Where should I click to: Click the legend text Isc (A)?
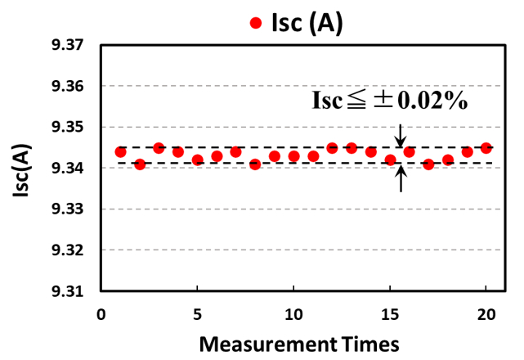308,24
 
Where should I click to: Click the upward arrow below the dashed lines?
401,178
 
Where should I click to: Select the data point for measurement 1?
121,152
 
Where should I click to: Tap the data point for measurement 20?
486,148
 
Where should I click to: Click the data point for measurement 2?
140,164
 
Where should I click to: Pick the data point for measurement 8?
255,164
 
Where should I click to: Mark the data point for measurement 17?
428,164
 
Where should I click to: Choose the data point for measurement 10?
293,156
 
